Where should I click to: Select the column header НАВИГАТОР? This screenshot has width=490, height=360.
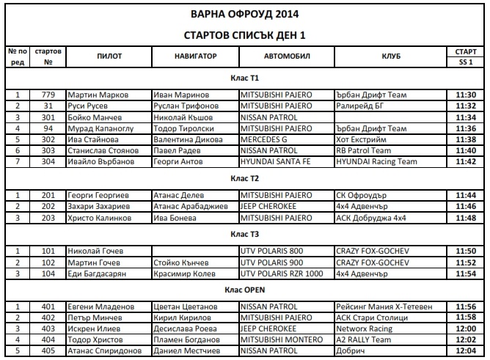[196, 56]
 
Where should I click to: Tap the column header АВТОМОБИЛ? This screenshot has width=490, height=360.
[287, 56]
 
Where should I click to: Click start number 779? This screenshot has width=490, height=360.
[48, 95]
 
